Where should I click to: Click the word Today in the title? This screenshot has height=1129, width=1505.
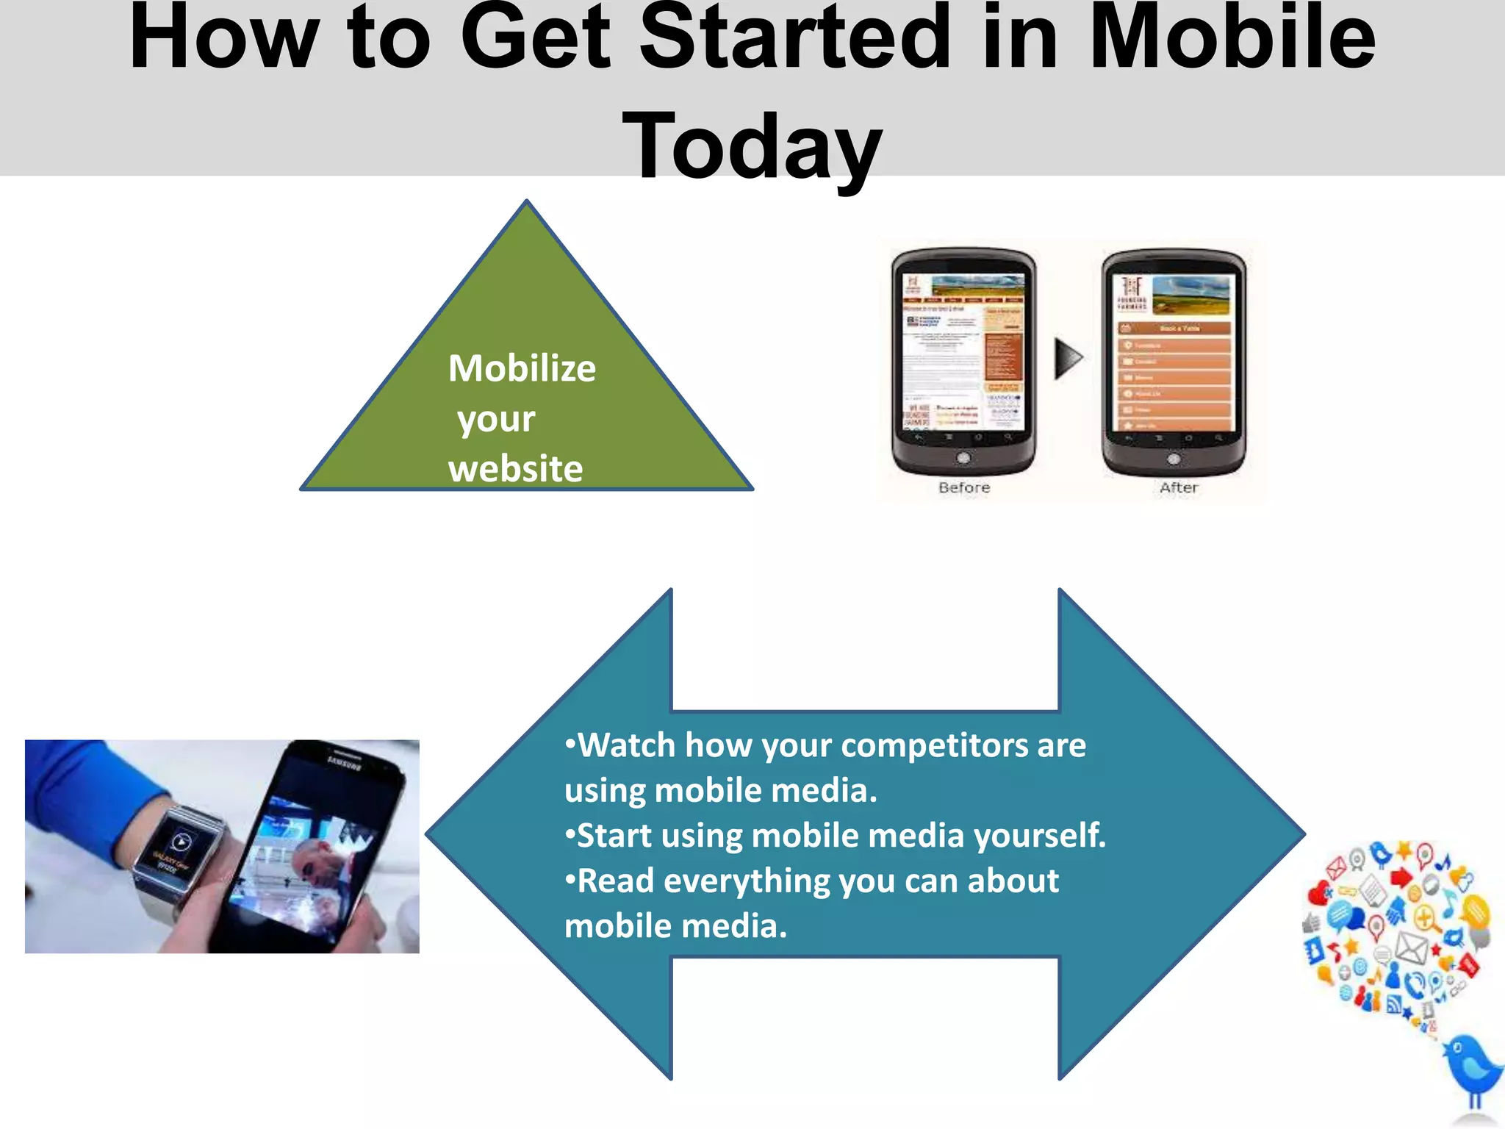point(752,147)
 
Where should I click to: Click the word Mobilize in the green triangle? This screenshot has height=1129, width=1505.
point(522,368)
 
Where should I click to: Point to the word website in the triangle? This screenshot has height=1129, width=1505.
point(515,469)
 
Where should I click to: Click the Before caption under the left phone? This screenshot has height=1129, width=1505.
point(964,487)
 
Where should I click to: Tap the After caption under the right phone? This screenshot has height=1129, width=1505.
point(1179,487)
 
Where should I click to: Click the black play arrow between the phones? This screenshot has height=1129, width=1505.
point(1068,359)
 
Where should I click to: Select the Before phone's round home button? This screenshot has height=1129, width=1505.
point(963,459)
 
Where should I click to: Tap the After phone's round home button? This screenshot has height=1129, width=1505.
point(1174,459)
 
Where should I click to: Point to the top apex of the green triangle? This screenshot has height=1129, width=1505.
point(527,201)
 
